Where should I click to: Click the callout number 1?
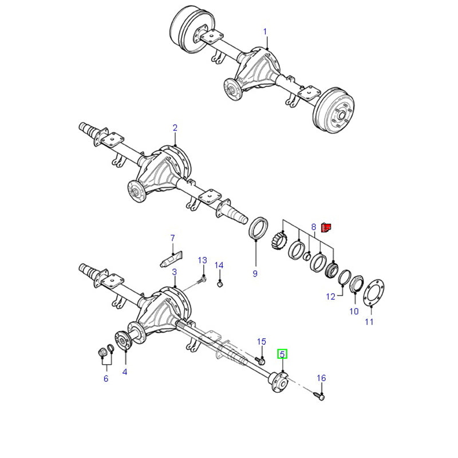point(265,31)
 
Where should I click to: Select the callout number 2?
point(175,128)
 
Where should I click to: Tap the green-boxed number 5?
point(282,354)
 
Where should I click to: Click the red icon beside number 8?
point(326,227)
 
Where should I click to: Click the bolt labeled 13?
point(202,280)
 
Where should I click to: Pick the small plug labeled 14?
point(220,283)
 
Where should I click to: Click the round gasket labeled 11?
point(374,293)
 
